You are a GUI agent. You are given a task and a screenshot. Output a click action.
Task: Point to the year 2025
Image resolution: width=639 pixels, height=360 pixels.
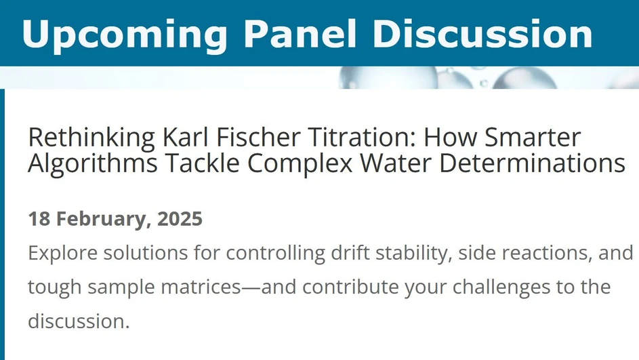(x=180, y=219)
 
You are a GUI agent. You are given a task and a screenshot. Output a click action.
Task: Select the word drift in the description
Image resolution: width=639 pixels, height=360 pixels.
(x=349, y=254)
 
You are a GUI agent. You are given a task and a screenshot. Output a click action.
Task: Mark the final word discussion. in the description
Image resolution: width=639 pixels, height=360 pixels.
(x=79, y=319)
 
